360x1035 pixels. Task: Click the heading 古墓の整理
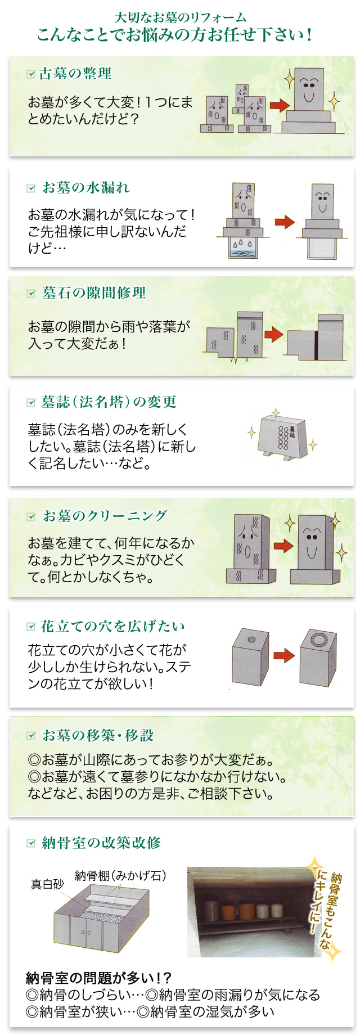pos(75,74)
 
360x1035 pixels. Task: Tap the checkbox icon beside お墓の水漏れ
pos(31,188)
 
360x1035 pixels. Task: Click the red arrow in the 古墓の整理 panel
pos(279,105)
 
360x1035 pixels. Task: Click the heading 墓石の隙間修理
pos(94,293)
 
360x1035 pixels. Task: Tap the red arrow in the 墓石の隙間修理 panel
pos(274,334)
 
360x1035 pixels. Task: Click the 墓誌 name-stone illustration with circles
pos(281,436)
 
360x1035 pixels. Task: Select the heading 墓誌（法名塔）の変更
pos(109,402)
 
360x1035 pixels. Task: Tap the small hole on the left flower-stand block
pos(251,640)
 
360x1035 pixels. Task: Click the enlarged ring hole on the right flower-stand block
pos(319,640)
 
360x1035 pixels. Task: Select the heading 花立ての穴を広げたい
pos(112,627)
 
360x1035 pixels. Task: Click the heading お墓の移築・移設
pos(98,735)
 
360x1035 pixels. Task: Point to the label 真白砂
pos(47,884)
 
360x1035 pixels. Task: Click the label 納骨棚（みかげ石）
pos(120,876)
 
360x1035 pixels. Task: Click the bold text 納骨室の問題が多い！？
pos(99,977)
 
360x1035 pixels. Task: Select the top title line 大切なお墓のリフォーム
pos(180,17)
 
